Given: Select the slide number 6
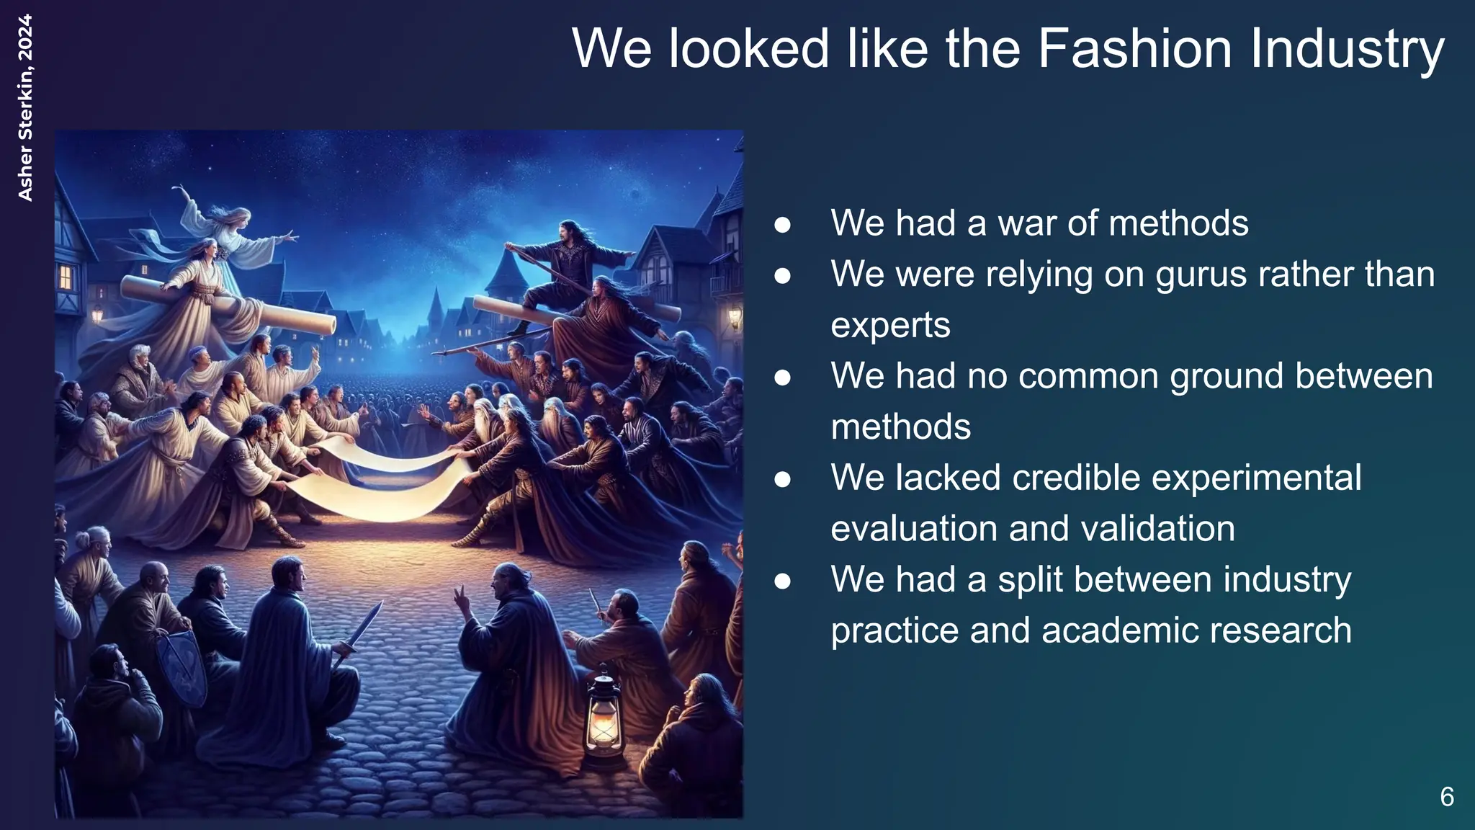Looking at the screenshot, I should click(1446, 797).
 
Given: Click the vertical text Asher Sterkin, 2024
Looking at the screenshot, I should click(25, 108).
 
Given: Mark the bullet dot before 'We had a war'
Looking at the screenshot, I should click(783, 225).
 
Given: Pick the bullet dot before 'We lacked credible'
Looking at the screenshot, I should click(783, 479).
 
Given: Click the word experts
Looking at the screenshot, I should click(890, 326).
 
